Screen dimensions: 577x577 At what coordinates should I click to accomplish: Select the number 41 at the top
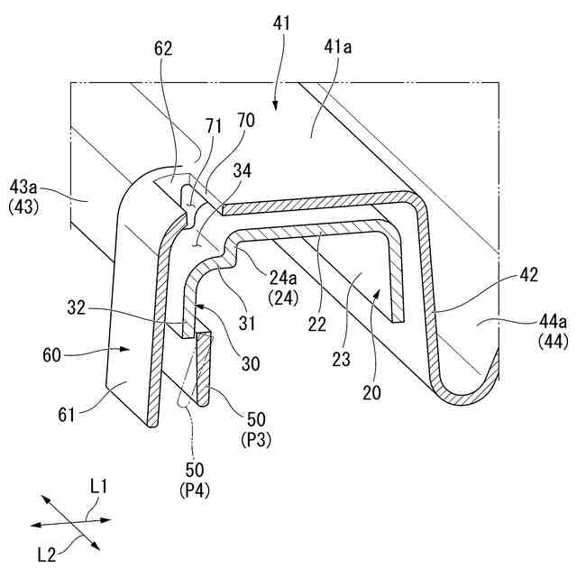[279, 22]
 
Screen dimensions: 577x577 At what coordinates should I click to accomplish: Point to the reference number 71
[214, 129]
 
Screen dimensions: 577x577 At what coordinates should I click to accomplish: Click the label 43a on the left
[24, 188]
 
